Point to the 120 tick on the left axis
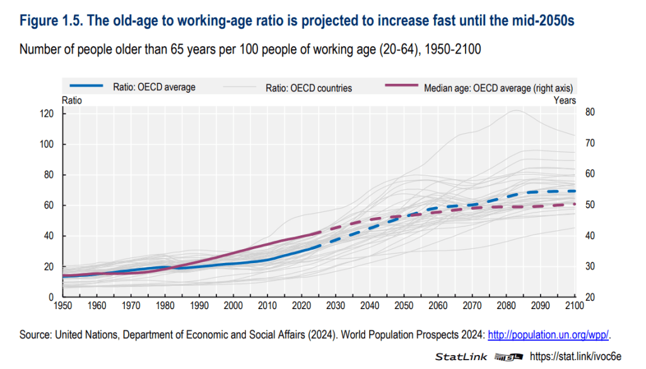[48, 114]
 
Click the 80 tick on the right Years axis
[590, 112]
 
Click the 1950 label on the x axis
[62, 306]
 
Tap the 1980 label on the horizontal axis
[165, 306]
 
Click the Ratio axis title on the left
[71, 100]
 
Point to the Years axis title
[565, 100]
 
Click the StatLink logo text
[461, 357]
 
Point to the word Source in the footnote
[36, 334]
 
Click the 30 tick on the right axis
[590, 266]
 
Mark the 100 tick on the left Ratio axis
[48, 144]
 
